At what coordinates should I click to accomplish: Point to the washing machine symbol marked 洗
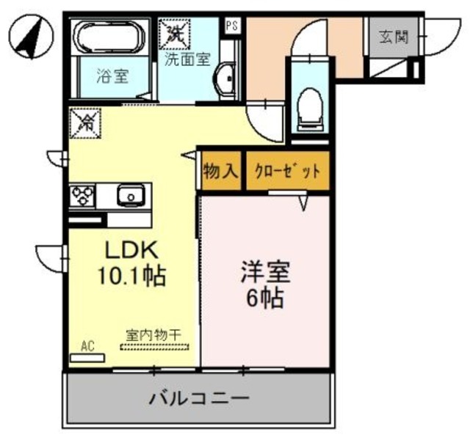[176, 33]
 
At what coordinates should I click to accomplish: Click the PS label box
[231, 25]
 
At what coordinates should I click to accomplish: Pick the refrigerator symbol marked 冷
[83, 122]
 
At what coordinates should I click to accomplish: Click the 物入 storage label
[220, 172]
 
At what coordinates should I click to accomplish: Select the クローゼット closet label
[287, 172]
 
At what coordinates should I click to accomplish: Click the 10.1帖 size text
[132, 276]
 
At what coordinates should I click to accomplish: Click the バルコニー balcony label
[200, 399]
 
